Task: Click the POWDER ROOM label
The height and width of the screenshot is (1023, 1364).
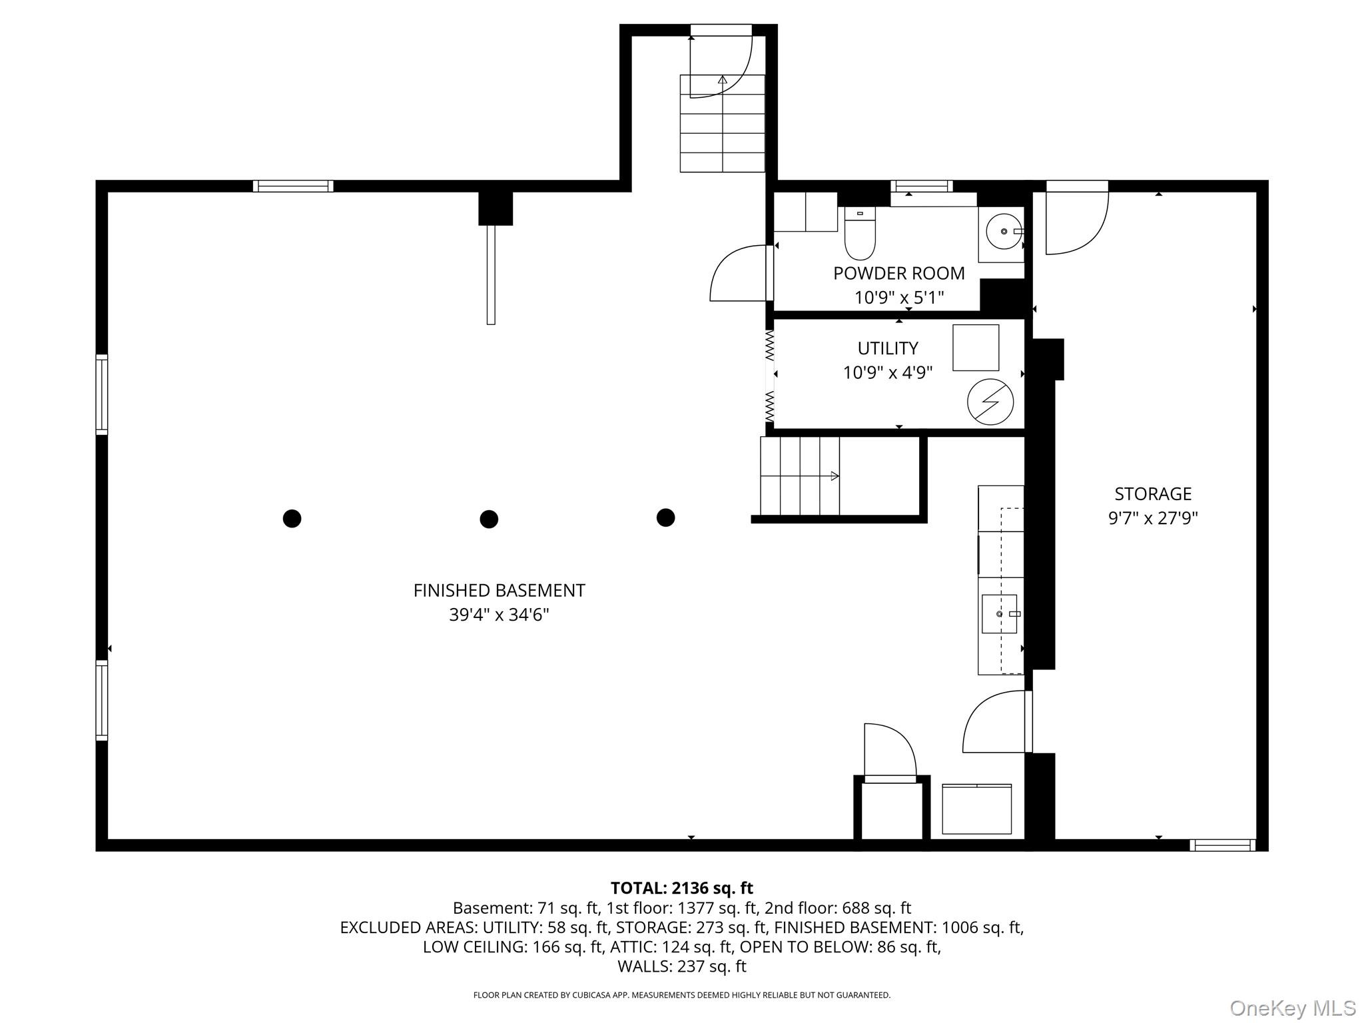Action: (898, 273)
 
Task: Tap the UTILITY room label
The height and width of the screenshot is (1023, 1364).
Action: (888, 348)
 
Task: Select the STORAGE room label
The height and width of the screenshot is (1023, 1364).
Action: (1153, 494)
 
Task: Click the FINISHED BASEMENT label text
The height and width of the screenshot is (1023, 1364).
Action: (499, 590)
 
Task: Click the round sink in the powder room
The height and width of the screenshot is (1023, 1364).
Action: (1004, 231)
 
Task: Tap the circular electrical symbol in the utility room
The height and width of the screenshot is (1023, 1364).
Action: (990, 402)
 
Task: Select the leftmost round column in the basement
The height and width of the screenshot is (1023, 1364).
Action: (292, 518)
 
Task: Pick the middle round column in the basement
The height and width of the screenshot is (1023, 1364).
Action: (489, 519)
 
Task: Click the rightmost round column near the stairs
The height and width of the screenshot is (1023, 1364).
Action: (665, 517)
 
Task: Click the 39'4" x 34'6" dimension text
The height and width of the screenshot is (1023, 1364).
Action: (499, 615)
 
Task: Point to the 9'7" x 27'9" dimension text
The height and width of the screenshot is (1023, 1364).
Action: (1153, 518)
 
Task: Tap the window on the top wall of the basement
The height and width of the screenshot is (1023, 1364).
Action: (293, 186)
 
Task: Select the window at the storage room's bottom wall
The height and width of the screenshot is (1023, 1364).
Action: (1223, 845)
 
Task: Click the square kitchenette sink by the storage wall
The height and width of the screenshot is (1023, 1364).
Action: (999, 613)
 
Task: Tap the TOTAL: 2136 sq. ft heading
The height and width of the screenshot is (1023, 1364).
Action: (681, 888)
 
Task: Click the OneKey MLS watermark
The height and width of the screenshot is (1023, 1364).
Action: (1292, 1008)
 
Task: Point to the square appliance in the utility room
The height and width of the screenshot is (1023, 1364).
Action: (976, 348)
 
